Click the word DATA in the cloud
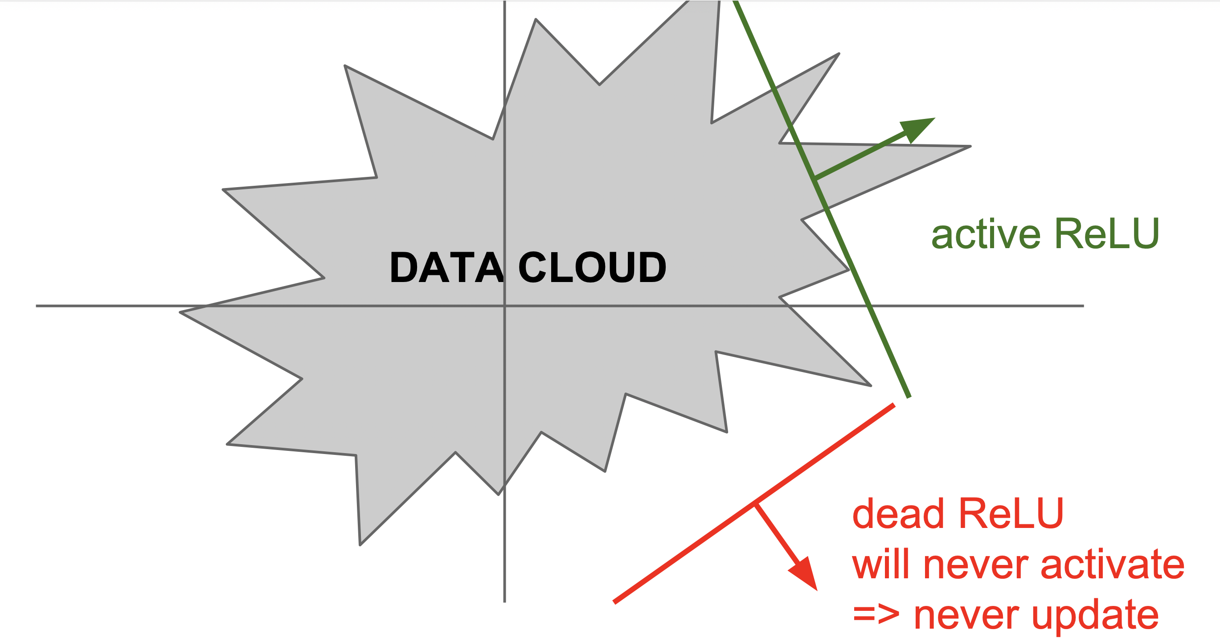(446, 268)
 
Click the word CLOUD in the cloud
(592, 268)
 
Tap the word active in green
(986, 234)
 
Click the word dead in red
(898, 514)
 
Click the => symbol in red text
(876, 615)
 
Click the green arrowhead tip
(934, 119)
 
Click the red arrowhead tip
(817, 590)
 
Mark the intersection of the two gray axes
(505, 306)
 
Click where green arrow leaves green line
(815, 179)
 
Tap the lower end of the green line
(909, 397)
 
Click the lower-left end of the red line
(614, 602)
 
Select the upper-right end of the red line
(894, 405)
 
